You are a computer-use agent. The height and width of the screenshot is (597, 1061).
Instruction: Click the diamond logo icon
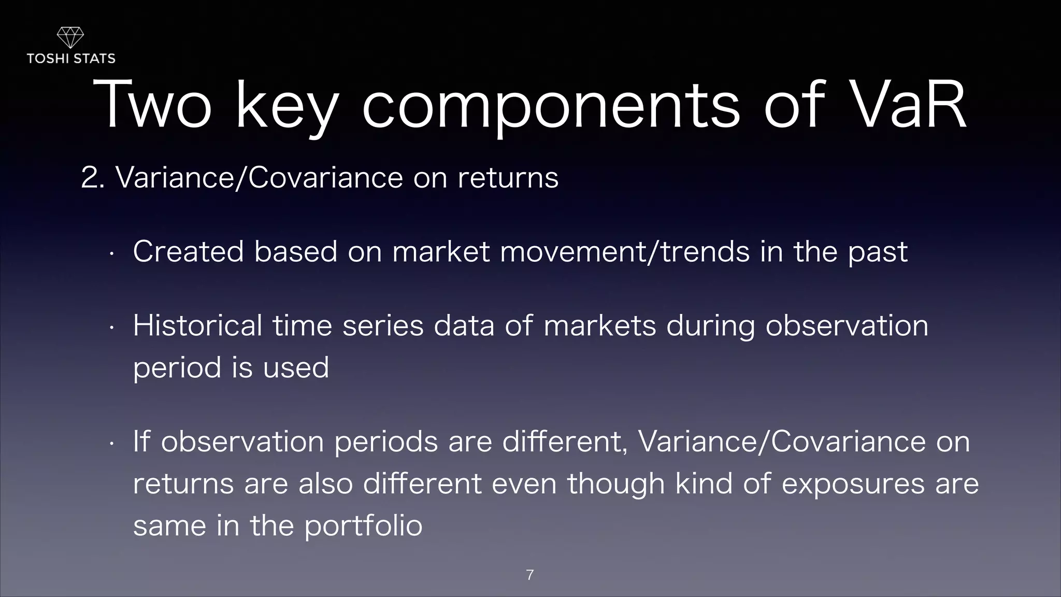tap(70, 37)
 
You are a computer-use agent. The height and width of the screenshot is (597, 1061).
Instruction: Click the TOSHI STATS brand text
tap(71, 59)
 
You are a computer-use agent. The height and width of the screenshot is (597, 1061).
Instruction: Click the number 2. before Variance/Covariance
tap(93, 178)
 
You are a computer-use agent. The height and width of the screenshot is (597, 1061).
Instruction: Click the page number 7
tap(529, 575)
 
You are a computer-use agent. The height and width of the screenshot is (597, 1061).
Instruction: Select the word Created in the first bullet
tap(188, 252)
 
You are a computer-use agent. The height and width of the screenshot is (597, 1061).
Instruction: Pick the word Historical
tap(197, 326)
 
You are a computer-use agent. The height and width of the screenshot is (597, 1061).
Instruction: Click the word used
tap(296, 368)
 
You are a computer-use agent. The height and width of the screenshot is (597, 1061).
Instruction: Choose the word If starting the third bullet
tap(141, 442)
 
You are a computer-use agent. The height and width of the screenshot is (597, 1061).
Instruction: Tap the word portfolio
tap(363, 526)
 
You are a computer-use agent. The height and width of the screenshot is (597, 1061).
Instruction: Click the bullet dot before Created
tap(111, 254)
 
